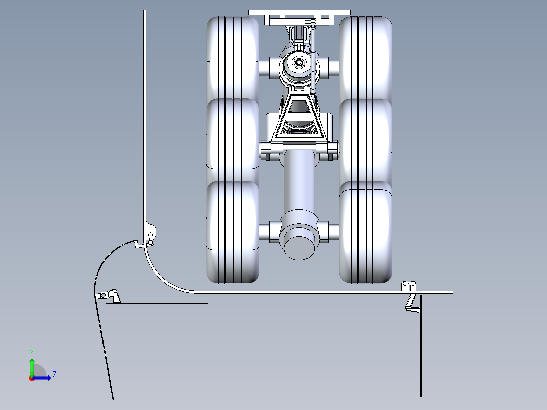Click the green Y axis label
click(x=32, y=353)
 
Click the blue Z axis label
click(x=54, y=375)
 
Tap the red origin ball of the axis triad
click(x=32, y=378)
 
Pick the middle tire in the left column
click(x=233, y=140)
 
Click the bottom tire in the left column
click(x=233, y=232)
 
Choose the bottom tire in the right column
click(x=365, y=232)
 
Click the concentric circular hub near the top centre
click(x=299, y=63)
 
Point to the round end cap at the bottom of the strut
click(x=299, y=248)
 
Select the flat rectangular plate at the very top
click(x=299, y=13)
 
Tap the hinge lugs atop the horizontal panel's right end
click(x=408, y=286)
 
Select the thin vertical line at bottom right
click(x=421, y=346)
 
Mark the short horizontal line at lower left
click(x=157, y=304)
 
